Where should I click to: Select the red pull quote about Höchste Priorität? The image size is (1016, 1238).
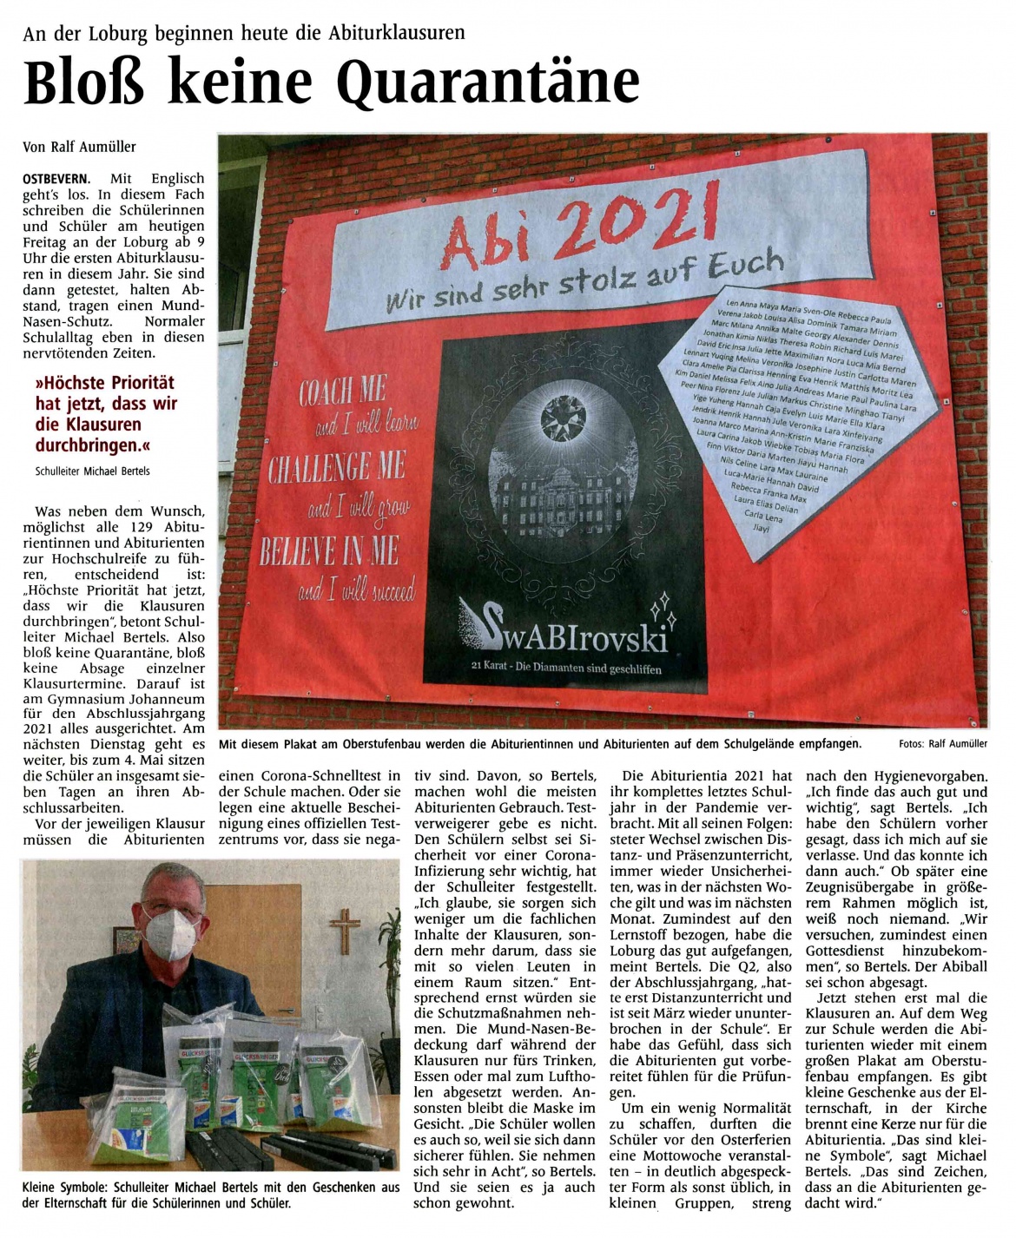tap(105, 414)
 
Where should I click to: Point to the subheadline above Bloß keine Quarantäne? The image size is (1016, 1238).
tap(244, 33)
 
